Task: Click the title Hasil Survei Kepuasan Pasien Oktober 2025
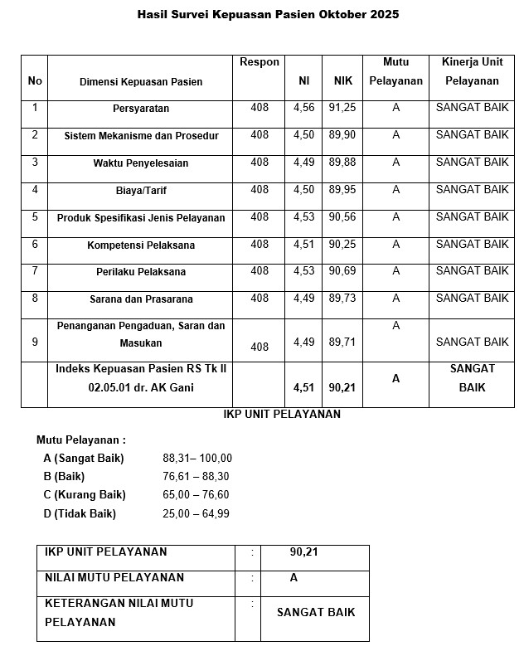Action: (268, 15)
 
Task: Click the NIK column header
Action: (342, 81)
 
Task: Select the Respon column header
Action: (260, 62)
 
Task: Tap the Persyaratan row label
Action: (141, 109)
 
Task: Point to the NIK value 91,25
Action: (342, 108)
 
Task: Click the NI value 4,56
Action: (304, 108)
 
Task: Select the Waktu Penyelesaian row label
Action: (141, 163)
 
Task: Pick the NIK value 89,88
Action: (342, 163)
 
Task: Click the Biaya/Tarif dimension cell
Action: (141, 191)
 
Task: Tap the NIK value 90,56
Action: (342, 217)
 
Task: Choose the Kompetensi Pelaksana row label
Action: (141, 245)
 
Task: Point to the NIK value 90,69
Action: (342, 271)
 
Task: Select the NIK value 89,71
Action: (342, 342)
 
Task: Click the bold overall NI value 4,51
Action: (304, 386)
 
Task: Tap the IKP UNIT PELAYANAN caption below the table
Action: (282, 415)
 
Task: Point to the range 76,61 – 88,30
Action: (197, 477)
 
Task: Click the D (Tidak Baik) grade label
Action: (80, 513)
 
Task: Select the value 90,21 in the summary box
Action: (304, 552)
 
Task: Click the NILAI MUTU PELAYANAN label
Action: (114, 578)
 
